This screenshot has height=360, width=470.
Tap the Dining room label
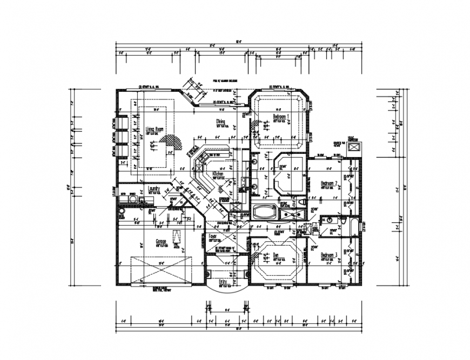click(x=220, y=121)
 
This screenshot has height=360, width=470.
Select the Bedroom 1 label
click(x=281, y=117)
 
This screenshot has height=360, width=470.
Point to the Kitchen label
click(x=218, y=174)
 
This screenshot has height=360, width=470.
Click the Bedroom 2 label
click(x=329, y=183)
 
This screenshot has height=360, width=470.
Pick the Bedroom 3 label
click(x=329, y=255)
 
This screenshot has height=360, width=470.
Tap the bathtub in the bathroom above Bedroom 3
click(x=353, y=226)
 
